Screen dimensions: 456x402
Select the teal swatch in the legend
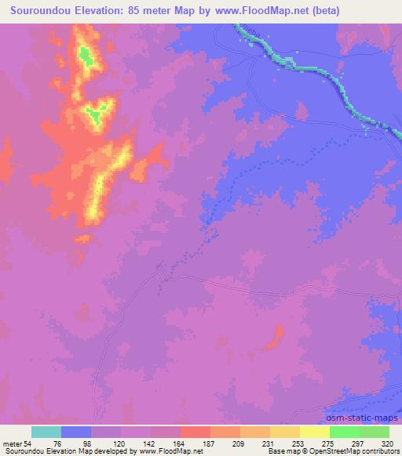[x=46, y=432]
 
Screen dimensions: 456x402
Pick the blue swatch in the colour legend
[x=76, y=432]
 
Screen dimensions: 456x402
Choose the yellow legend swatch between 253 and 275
[x=285, y=432]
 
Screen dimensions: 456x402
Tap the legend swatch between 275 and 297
[x=315, y=432]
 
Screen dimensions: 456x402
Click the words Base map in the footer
[x=281, y=451]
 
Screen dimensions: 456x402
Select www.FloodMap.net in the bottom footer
[x=166, y=451]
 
